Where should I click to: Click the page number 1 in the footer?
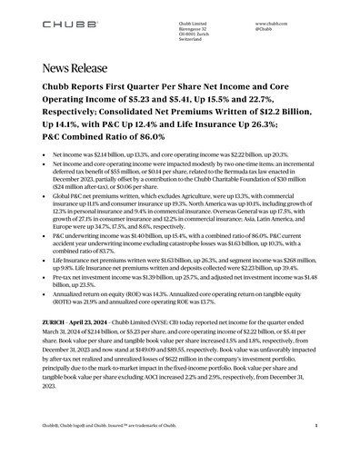click(315, 449)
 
